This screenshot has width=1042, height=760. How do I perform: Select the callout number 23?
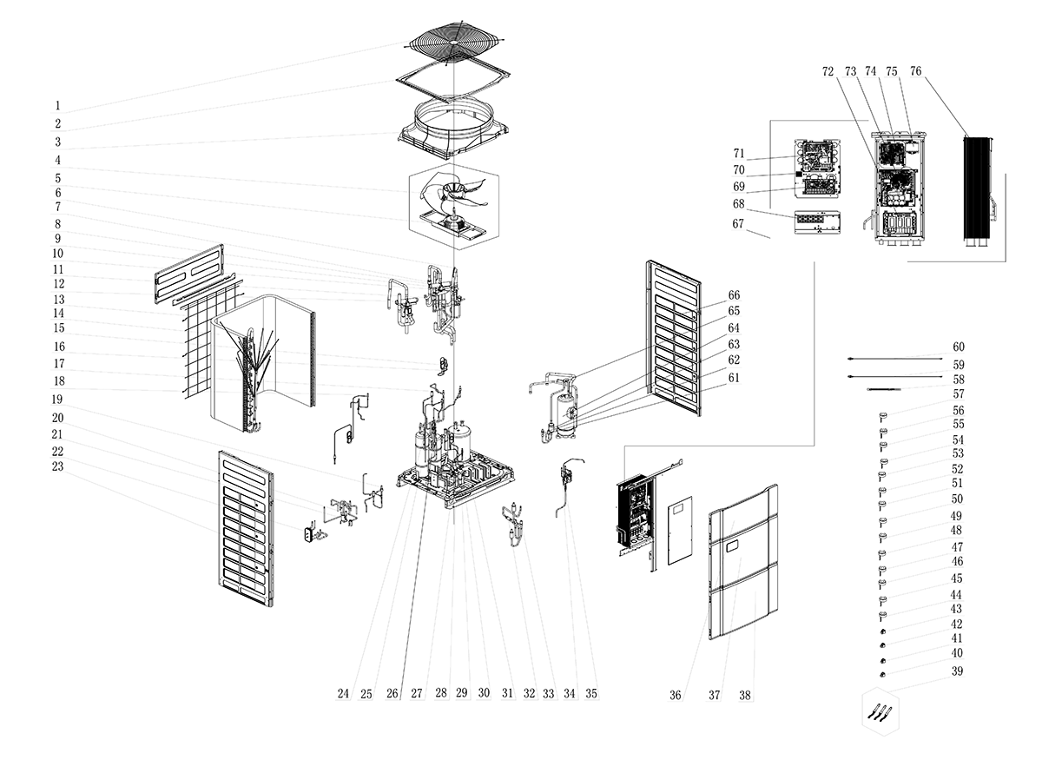pyautogui.click(x=58, y=466)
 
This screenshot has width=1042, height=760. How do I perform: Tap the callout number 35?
pyautogui.click(x=591, y=693)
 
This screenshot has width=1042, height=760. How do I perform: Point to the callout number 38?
pyautogui.click(x=745, y=695)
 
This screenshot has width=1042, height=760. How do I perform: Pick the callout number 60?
pyautogui.click(x=958, y=347)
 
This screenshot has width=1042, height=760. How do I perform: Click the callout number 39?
pyautogui.click(x=957, y=671)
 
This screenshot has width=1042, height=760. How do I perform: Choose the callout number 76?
pyautogui.click(x=916, y=70)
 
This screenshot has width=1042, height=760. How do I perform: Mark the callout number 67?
pyautogui.click(x=739, y=224)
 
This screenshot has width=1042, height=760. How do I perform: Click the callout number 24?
pyautogui.click(x=344, y=693)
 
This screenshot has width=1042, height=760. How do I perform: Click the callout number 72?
pyautogui.click(x=828, y=70)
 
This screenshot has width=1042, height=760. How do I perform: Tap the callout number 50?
pyautogui.click(x=957, y=499)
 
